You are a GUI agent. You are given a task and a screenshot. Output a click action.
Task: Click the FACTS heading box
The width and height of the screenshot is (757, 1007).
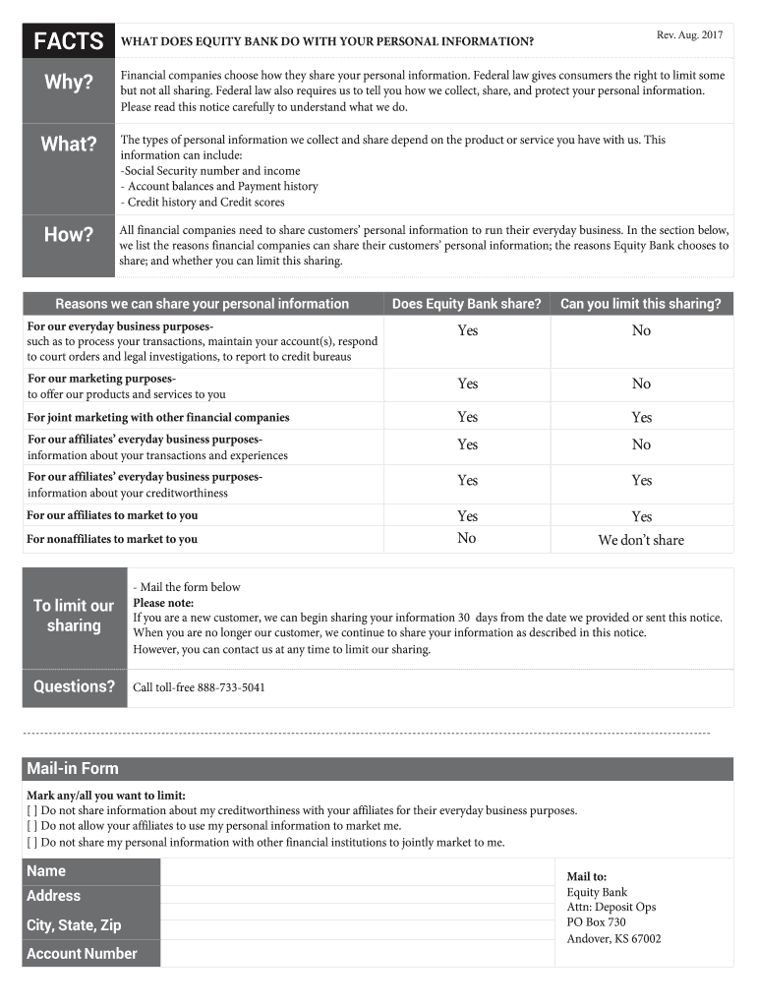tap(68, 41)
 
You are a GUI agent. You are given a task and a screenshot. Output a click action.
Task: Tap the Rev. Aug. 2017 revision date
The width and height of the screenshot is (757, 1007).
tap(689, 35)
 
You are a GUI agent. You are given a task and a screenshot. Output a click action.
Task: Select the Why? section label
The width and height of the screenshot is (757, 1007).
tap(68, 83)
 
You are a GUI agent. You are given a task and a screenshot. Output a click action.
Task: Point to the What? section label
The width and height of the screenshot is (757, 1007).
tap(68, 145)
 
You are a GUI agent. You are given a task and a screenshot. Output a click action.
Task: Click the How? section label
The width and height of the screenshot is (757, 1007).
tap(68, 234)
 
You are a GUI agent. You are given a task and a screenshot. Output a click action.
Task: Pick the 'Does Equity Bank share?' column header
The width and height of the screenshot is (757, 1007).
tap(466, 304)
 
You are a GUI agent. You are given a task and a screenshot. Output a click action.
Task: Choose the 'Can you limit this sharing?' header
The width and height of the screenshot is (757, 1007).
tap(641, 304)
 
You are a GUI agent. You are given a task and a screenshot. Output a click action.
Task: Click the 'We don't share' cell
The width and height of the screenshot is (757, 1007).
tap(641, 540)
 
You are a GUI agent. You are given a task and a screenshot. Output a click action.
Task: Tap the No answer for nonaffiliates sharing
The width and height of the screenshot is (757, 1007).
tap(467, 538)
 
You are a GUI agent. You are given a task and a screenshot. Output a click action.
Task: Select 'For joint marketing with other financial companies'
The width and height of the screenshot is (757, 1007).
tap(158, 417)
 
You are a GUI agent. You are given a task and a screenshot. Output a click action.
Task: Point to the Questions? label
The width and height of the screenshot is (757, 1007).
tap(74, 686)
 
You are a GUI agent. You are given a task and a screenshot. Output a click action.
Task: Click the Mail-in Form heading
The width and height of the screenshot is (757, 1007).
tap(73, 768)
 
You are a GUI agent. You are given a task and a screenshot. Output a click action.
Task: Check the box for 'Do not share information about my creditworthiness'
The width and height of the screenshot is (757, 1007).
tap(32, 811)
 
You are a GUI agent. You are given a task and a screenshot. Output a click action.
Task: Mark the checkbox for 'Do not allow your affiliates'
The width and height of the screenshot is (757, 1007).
tap(32, 827)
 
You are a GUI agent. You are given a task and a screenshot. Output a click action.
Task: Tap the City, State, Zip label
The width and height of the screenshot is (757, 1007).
tap(74, 925)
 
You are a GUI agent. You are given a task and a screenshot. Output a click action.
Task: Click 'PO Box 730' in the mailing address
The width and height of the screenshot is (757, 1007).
tap(596, 922)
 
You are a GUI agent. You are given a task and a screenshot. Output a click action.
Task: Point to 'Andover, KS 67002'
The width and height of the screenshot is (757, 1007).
tap(613, 939)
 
